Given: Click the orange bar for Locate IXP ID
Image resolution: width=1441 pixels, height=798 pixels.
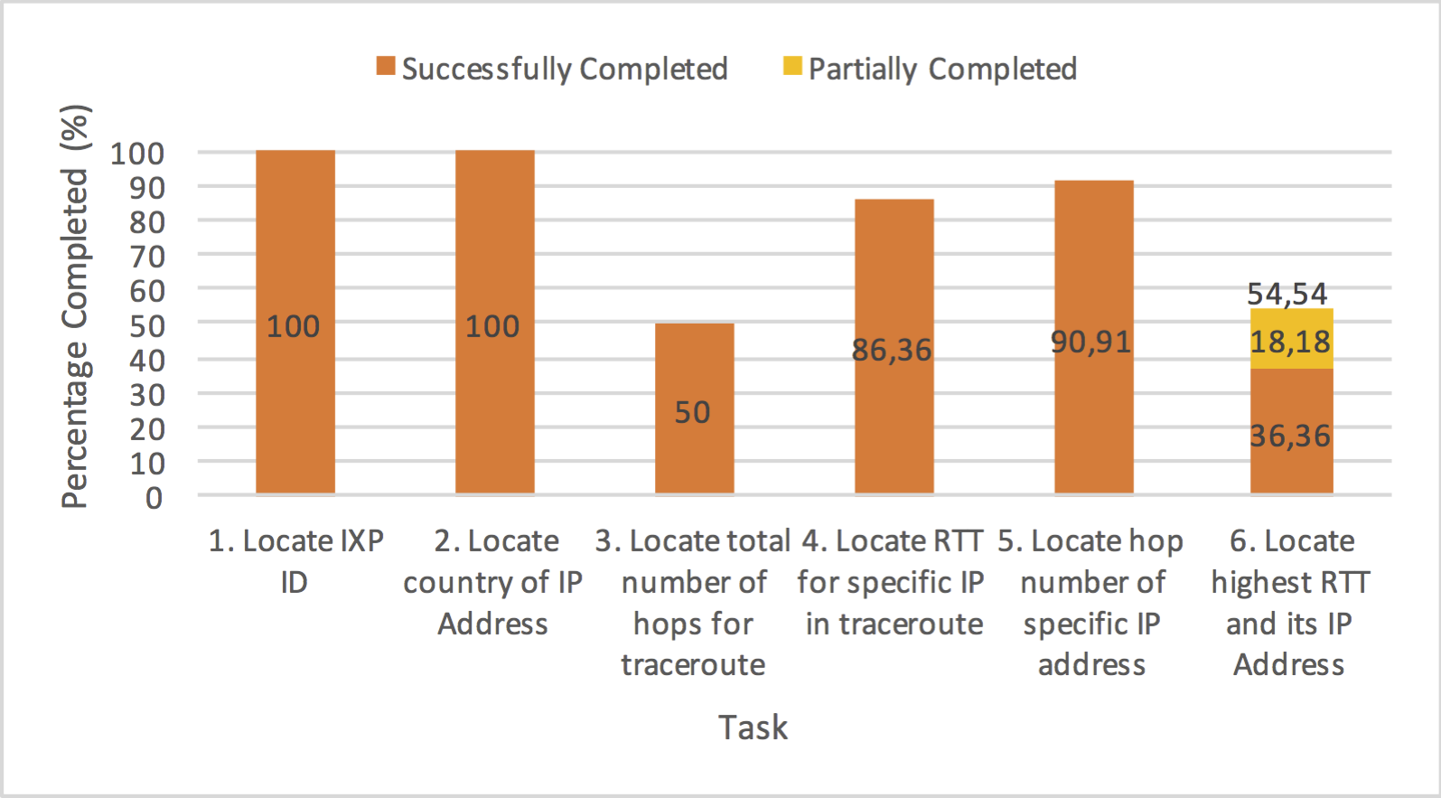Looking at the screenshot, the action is click(295, 322).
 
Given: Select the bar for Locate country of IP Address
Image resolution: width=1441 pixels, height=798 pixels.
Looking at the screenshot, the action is click(495, 322).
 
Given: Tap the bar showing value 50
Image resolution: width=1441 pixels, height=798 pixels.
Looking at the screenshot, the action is click(694, 408).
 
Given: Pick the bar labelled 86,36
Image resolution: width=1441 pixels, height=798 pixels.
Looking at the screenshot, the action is click(894, 346).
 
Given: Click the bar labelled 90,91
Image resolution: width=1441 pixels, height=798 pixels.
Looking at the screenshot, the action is click(1093, 337).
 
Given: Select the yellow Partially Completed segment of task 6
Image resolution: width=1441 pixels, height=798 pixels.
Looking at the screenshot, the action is click(1292, 339).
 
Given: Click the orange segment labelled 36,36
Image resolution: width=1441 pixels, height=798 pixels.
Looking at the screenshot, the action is click(1292, 432).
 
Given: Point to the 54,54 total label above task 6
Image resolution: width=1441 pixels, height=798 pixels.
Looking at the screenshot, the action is click(1287, 294).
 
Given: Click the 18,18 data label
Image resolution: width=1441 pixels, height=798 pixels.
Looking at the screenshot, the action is click(1290, 342).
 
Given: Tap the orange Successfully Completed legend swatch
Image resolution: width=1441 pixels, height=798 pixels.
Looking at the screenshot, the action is click(386, 66).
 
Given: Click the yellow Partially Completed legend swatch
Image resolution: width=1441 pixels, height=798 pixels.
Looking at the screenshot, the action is click(792, 66).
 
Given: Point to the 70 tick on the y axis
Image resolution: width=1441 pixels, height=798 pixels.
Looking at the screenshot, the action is click(147, 258).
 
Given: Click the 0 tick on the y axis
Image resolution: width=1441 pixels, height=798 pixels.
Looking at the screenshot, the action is click(154, 498).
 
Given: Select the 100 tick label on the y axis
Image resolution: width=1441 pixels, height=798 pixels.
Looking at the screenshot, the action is click(137, 154).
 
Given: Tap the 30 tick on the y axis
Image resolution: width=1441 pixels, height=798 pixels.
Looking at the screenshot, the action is click(147, 395).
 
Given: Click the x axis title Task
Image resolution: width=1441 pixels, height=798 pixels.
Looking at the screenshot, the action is click(753, 728).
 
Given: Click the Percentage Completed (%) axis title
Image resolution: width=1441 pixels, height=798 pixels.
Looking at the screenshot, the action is click(75, 306).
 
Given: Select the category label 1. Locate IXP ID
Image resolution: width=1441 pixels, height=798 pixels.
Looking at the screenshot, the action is click(295, 561).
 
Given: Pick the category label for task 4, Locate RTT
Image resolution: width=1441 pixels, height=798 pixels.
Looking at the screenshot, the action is click(893, 582).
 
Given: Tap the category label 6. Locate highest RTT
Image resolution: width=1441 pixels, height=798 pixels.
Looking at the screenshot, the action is click(1290, 603).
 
